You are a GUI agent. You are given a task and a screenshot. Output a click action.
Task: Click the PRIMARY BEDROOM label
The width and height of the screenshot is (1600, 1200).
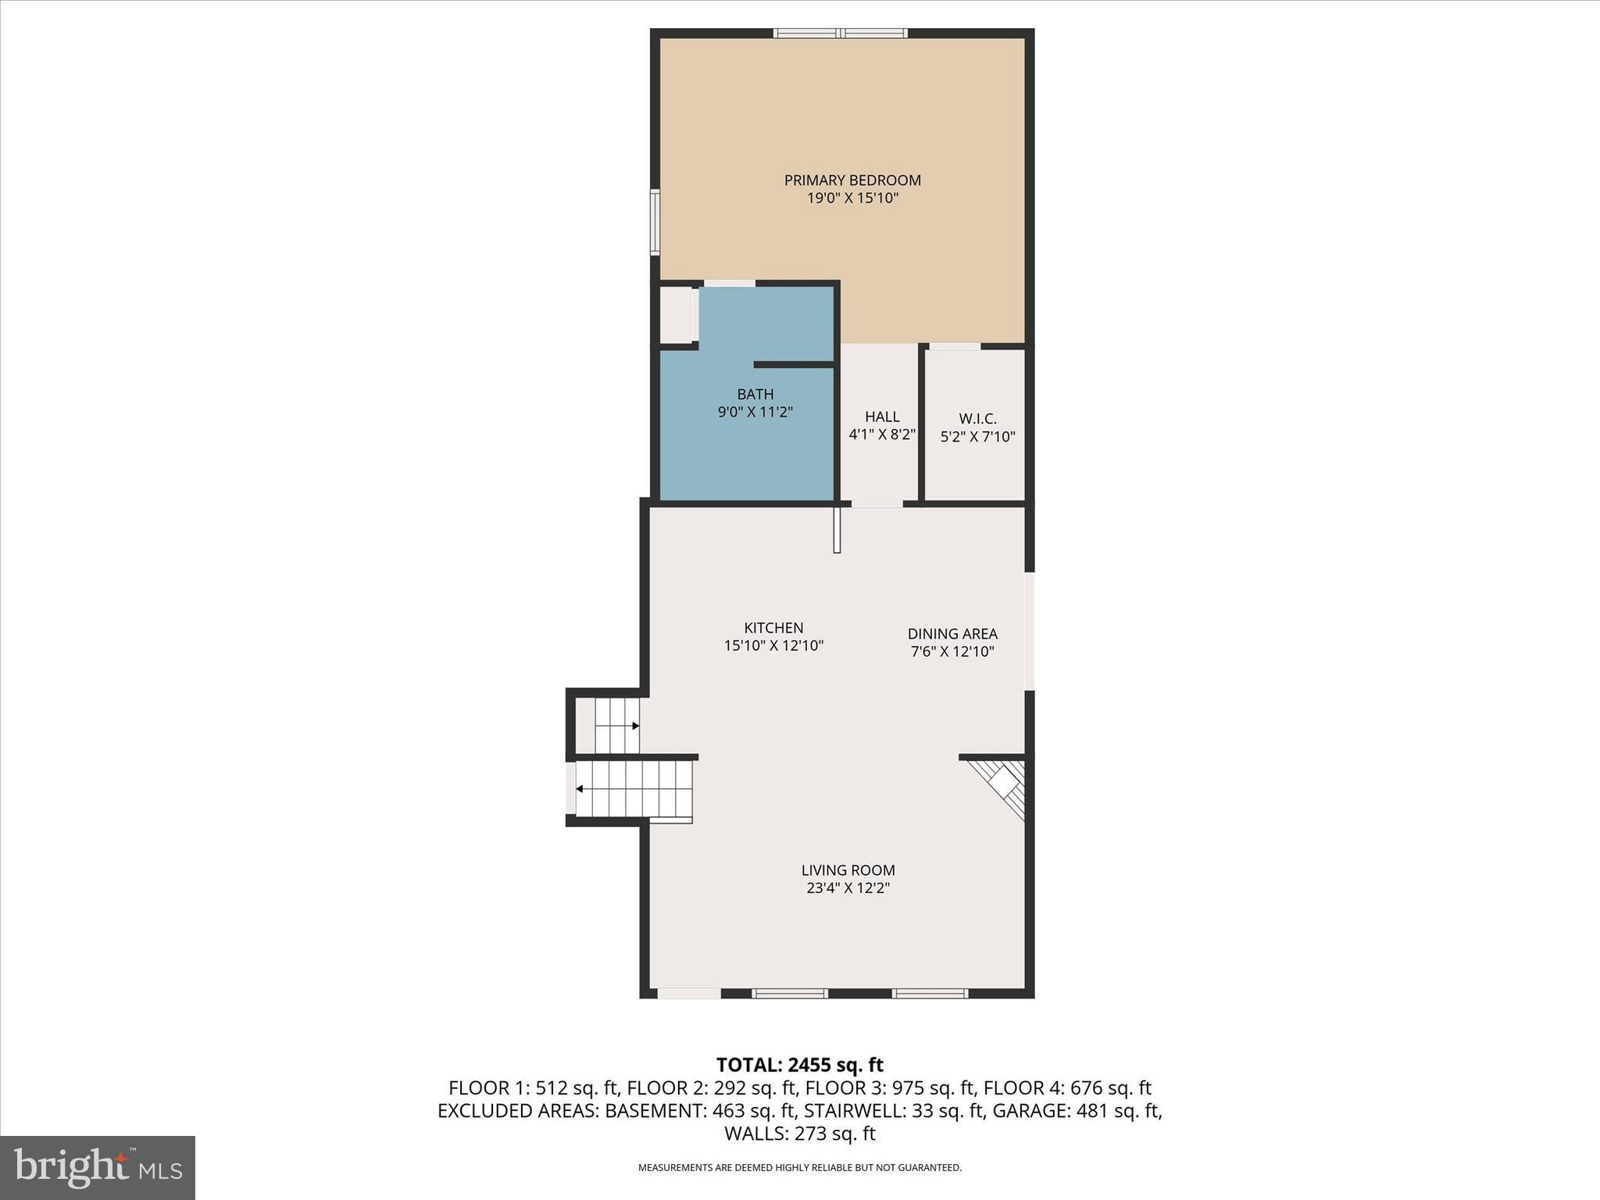coord(852,180)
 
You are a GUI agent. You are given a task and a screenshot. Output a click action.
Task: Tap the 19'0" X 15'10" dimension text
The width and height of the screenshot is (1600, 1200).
coord(852,198)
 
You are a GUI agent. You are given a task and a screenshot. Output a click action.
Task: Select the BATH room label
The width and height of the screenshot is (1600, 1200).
coord(755,395)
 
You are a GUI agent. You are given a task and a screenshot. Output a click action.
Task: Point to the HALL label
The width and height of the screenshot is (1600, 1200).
coord(882,417)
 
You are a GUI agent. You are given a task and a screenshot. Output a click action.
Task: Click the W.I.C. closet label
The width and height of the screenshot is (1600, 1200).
coord(977,419)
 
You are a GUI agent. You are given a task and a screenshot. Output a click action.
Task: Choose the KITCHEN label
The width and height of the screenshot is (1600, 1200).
coord(773,628)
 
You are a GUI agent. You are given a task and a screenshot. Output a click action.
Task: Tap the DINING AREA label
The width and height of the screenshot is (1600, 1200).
coord(952,634)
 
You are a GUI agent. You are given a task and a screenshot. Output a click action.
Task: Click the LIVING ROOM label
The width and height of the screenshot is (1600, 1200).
coord(848,870)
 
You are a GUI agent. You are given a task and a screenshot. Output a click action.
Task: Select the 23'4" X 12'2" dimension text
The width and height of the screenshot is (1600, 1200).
coord(848,888)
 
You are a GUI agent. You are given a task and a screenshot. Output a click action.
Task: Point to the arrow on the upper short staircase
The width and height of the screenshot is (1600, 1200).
coord(635,726)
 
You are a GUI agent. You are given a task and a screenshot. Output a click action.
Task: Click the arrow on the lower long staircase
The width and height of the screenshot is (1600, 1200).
coord(580,789)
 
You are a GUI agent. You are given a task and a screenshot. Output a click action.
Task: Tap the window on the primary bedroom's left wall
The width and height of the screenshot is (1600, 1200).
coord(655,222)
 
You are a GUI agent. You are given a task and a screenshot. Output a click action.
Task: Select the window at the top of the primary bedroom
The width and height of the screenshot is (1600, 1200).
coord(840,34)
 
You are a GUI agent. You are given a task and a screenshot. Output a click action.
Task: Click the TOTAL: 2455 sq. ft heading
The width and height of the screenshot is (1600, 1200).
coord(799,1065)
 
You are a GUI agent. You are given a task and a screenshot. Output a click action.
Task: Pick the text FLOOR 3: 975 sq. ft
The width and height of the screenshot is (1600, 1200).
coord(890,1088)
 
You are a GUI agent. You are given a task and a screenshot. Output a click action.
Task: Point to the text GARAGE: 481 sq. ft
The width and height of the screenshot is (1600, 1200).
coord(1077,1111)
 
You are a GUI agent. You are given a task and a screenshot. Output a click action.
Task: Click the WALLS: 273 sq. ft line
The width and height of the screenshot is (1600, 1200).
coord(799,1134)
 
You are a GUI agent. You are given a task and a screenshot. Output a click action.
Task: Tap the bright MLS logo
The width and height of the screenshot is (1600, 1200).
coord(98,1167)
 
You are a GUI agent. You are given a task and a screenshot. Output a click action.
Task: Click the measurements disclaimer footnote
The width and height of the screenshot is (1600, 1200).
coord(799,1168)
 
